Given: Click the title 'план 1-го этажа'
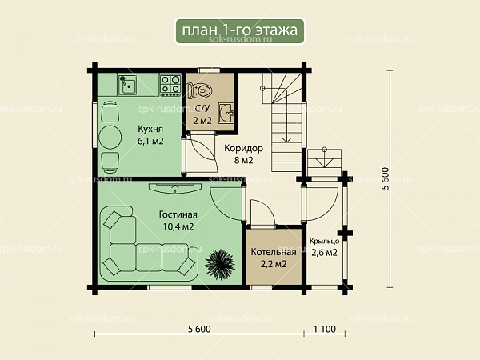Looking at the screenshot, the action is tap(240, 30).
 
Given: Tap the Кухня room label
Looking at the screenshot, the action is tap(150, 129).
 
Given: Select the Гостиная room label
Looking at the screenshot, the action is tap(178, 214).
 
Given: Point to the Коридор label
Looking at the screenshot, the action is tap(243, 148).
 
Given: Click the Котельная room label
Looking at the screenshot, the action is tap(274, 252).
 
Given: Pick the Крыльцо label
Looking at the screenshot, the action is tap(324, 242).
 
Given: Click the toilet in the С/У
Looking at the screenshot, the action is tap(199, 90).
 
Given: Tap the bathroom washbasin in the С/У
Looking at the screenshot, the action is tap(226, 114).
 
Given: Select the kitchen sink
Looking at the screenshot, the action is tap(128, 85).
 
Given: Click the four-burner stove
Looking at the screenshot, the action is tap(170, 84).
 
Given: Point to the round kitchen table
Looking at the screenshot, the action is tap(110, 138).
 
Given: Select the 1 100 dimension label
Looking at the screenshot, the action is tap(325, 329).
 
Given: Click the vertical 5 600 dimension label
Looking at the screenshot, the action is tap(386, 178).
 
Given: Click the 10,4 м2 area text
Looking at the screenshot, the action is tap(178, 227).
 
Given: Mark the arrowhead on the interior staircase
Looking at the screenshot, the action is tap(287, 140).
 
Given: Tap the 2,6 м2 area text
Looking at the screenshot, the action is tap(325, 253).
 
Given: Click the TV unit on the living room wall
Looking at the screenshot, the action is tap(174, 187).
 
